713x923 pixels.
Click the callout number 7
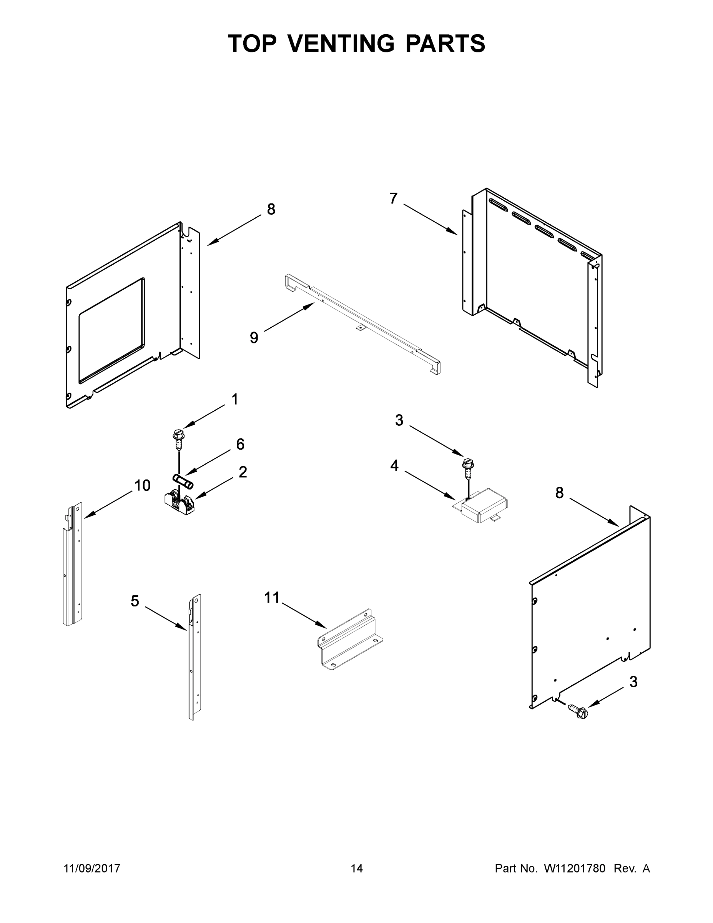pyautogui.click(x=393, y=198)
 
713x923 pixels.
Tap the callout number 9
pyautogui.click(x=254, y=338)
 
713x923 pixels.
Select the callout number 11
pyautogui.click(x=272, y=598)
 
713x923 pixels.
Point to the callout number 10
pyautogui.click(x=142, y=486)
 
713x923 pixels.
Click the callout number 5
pyautogui.click(x=135, y=601)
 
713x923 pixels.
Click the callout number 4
pyautogui.click(x=394, y=465)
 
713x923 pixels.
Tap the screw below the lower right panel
pyautogui.click(x=577, y=710)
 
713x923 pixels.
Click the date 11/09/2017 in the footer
pyautogui.click(x=91, y=868)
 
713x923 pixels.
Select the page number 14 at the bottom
pyautogui.click(x=357, y=868)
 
